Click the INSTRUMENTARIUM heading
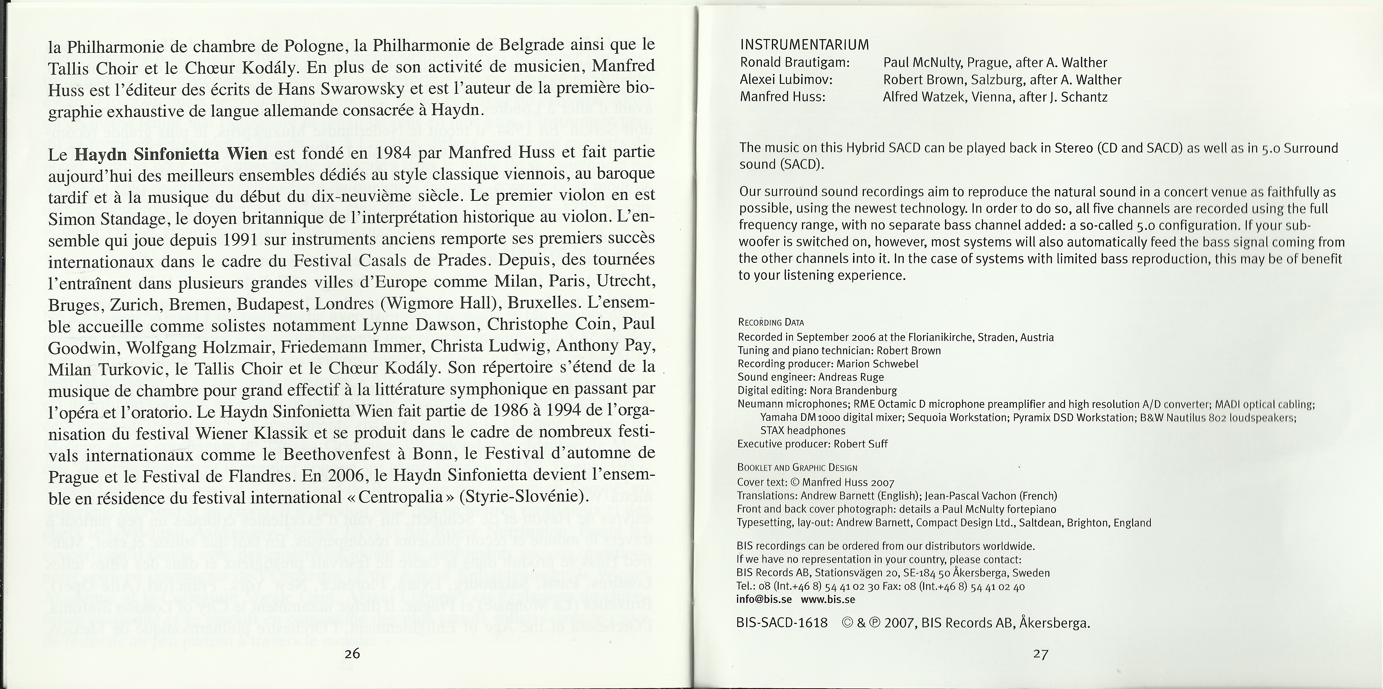(804, 45)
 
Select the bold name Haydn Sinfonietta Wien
(171, 154)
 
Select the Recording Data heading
(771, 323)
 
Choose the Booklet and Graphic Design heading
(797, 468)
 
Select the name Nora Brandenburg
(853, 391)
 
